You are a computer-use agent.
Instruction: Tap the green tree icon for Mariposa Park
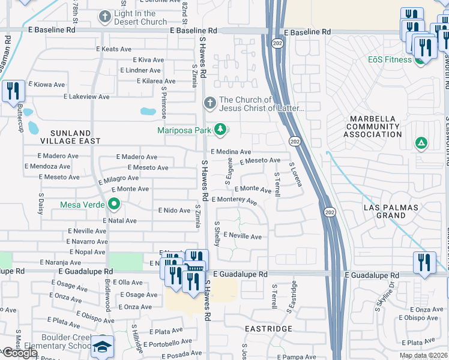tap(221, 130)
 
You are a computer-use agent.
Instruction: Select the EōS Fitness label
tap(390, 59)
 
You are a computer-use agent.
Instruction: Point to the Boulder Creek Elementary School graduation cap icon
tap(103, 347)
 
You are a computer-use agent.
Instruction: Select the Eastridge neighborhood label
tap(268, 329)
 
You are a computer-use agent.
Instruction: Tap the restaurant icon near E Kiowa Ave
tap(12, 92)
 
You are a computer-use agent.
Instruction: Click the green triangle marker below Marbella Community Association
tap(421, 143)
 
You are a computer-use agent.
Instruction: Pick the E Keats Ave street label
tap(114, 49)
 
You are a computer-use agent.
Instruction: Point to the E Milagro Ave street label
tap(119, 179)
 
